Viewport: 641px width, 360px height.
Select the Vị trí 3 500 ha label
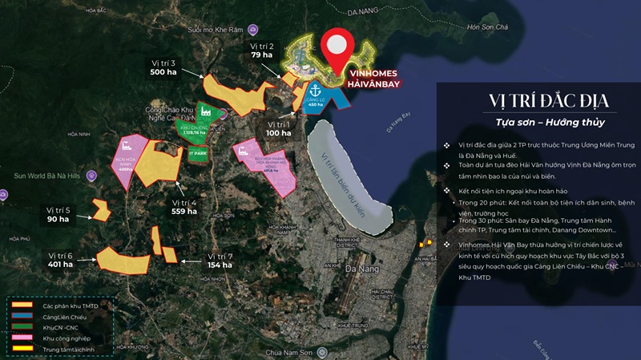(164, 67)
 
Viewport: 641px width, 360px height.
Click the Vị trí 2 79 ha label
(262, 51)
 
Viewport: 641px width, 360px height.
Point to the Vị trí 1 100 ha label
(279, 129)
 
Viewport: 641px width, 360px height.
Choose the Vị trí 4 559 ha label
(183, 207)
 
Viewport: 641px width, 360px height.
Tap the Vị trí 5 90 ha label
(58, 214)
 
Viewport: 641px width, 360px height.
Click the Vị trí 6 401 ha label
(60, 260)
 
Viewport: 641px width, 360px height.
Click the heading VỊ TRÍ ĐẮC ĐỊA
(537, 101)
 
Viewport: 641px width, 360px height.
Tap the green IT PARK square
(197, 153)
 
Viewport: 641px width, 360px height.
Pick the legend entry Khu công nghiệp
(67, 339)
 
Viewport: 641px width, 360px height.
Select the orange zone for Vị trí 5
(101, 211)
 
